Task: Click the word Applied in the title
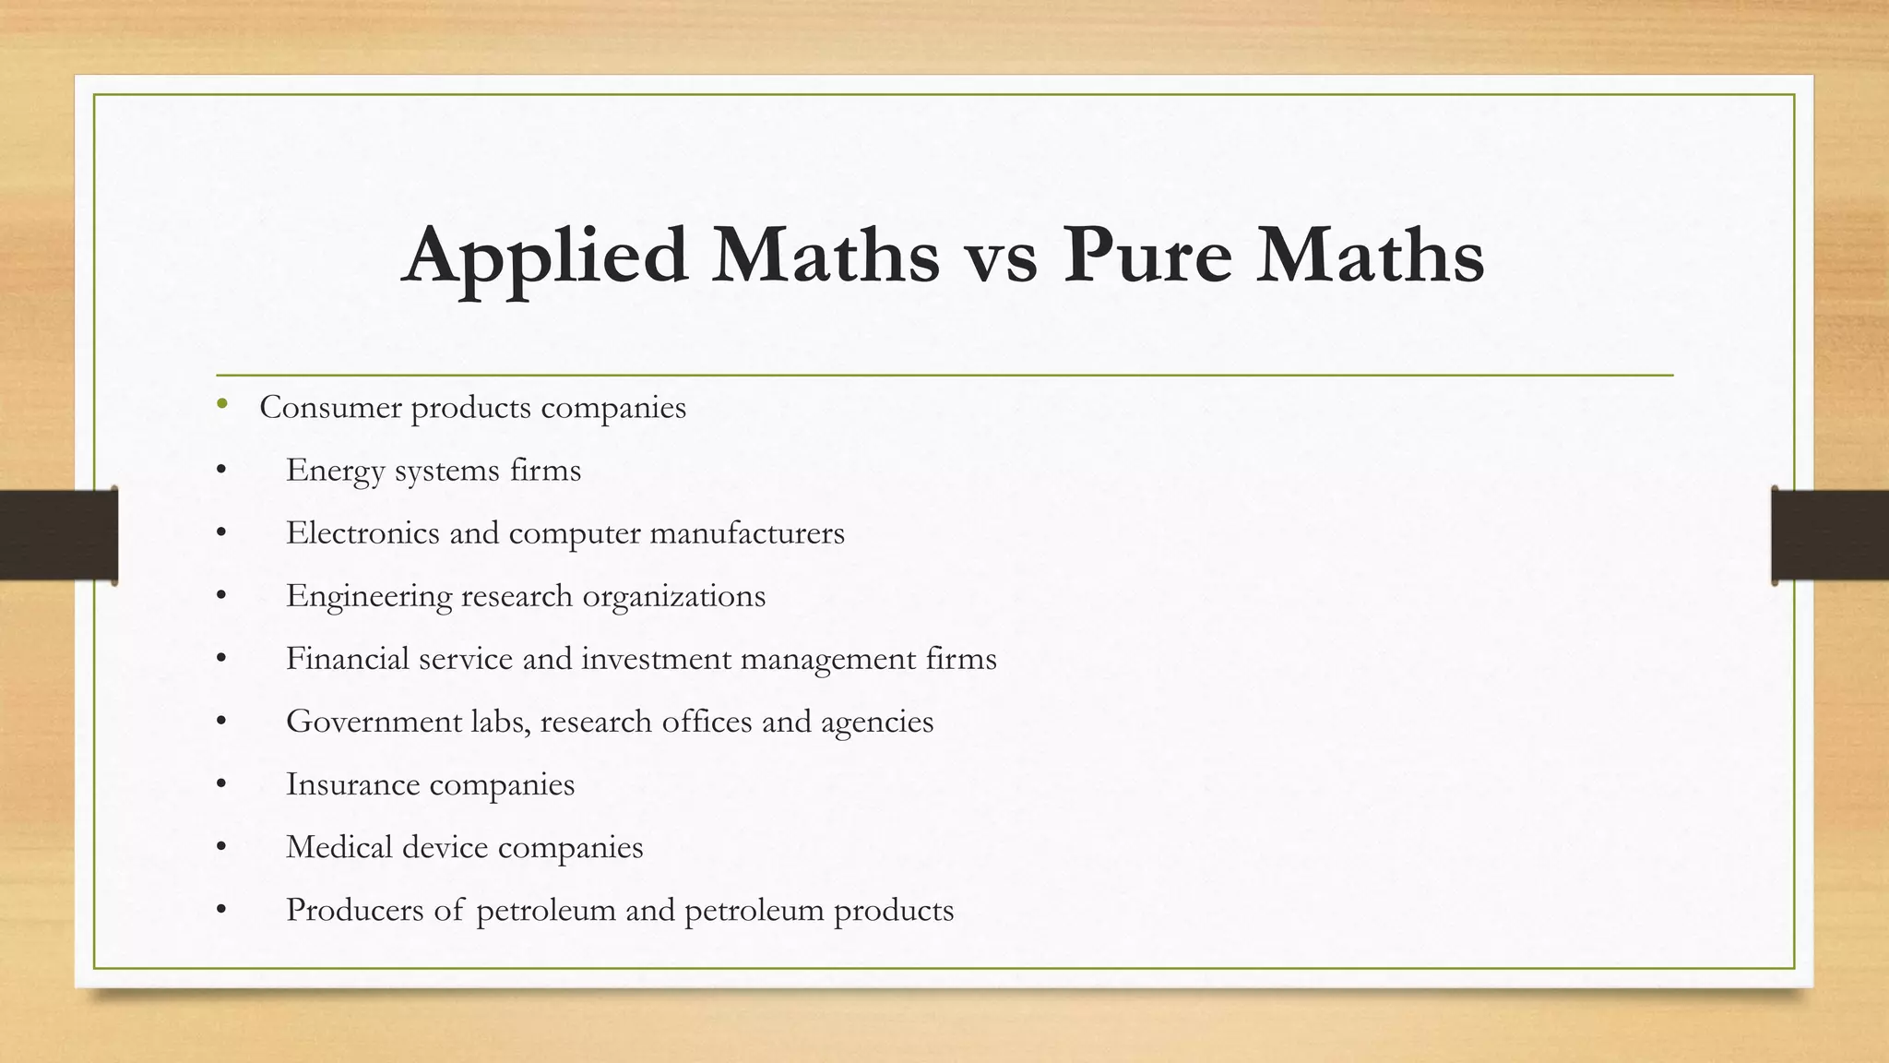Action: pyautogui.click(x=544, y=256)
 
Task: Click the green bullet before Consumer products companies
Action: pyautogui.click(x=221, y=403)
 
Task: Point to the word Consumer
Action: pyautogui.click(x=329, y=407)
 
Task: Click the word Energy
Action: pyautogui.click(x=335, y=471)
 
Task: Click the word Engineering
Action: pyautogui.click(x=369, y=596)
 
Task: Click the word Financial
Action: pyautogui.click(x=347, y=658)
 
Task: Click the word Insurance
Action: pyautogui.click(x=352, y=783)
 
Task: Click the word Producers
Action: pyautogui.click(x=355, y=909)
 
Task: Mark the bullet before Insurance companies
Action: pyautogui.click(x=221, y=784)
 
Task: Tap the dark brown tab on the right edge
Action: pyautogui.click(x=1830, y=535)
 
